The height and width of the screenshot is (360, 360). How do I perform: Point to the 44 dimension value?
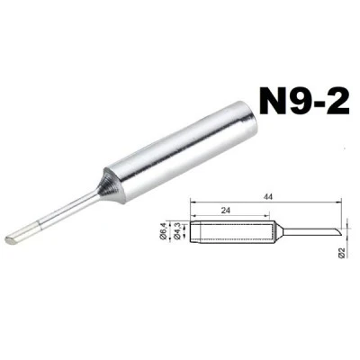267,197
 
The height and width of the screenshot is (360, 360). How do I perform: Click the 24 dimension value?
226,211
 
